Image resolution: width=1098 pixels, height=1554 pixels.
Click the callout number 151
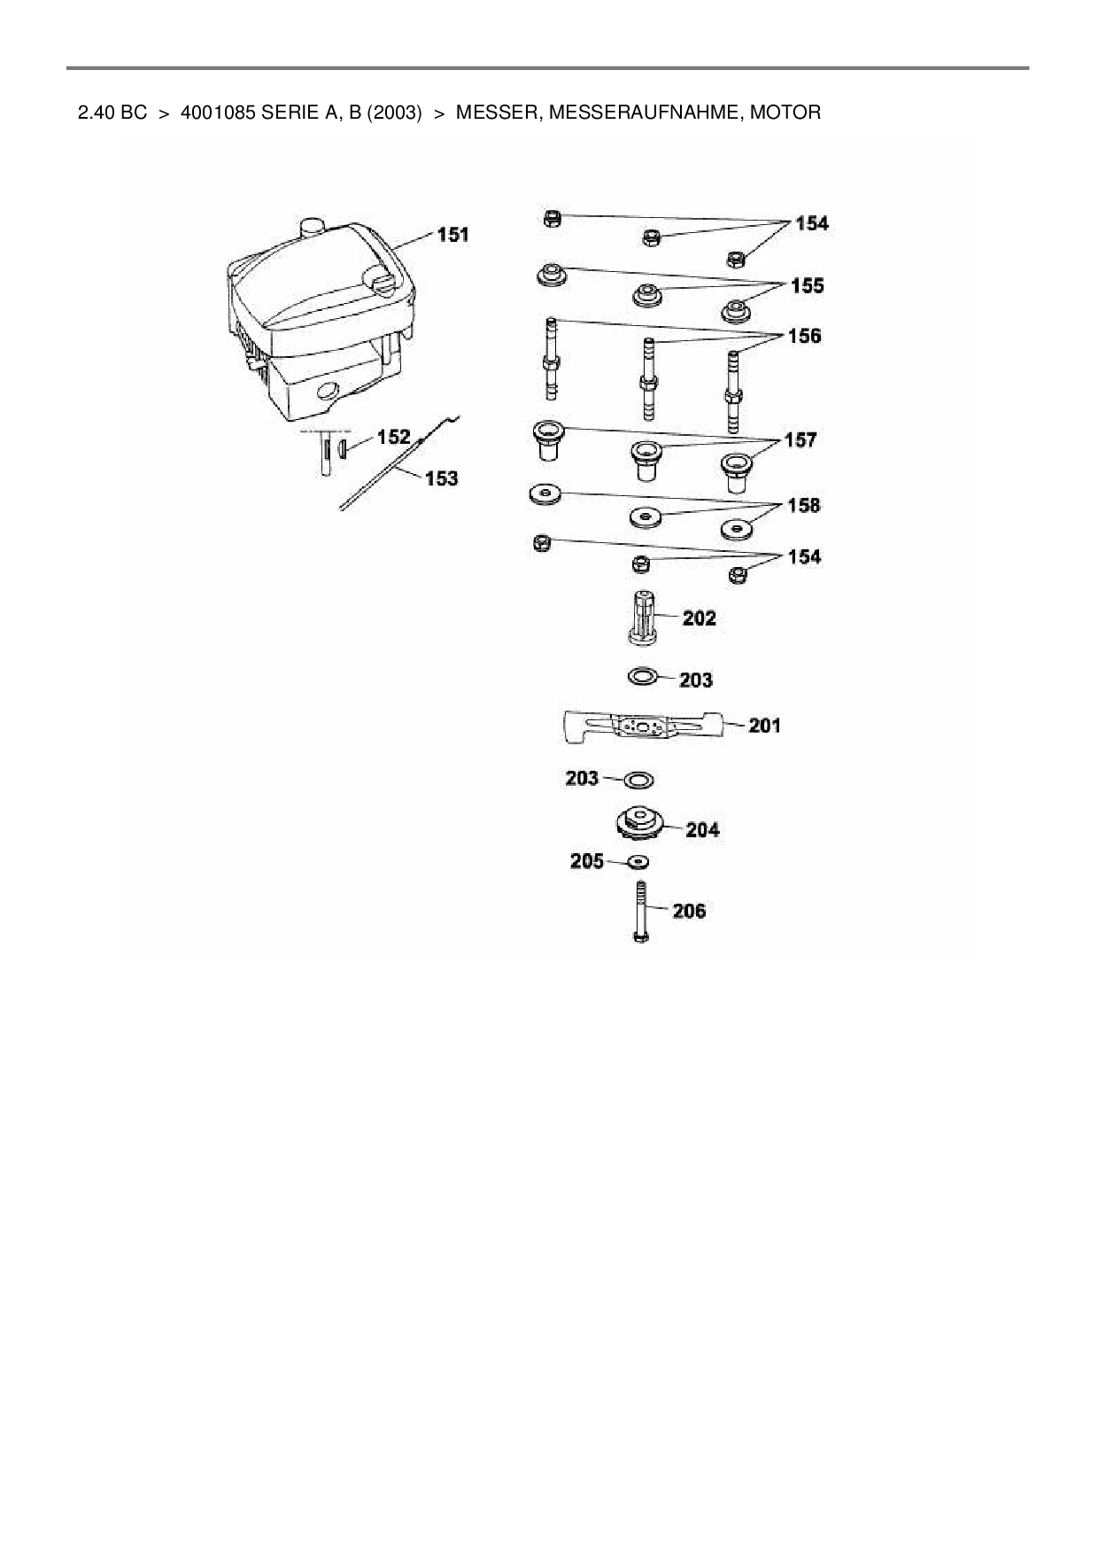[453, 235]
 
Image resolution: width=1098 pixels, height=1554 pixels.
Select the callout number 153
[442, 478]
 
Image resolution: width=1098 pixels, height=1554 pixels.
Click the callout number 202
[700, 618]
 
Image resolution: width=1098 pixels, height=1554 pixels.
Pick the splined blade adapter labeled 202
[645, 621]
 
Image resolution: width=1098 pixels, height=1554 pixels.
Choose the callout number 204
[702, 829]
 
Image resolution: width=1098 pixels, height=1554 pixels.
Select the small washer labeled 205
[638, 861]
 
